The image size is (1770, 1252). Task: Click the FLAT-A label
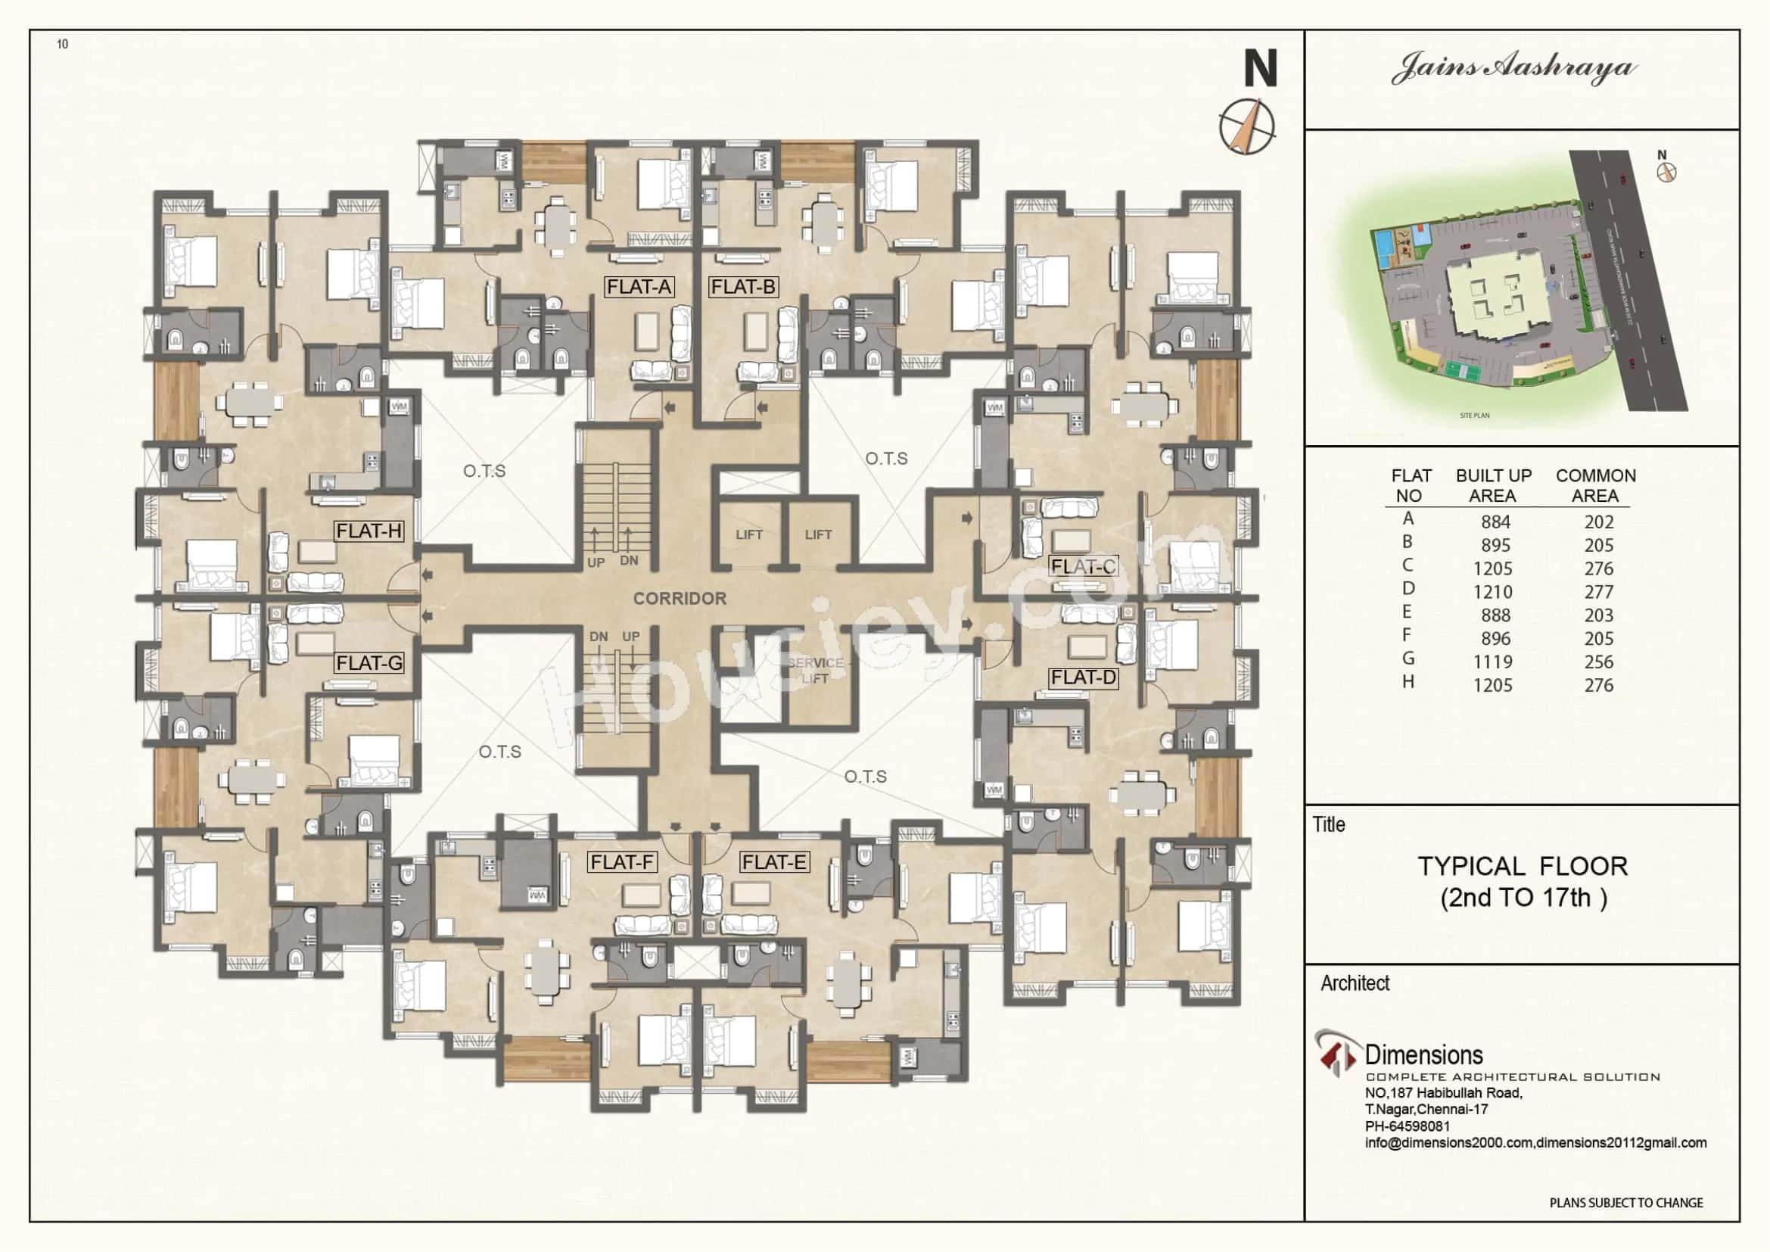click(x=639, y=287)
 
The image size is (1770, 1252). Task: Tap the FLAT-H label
click(x=369, y=531)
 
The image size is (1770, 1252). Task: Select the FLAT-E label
click(x=774, y=862)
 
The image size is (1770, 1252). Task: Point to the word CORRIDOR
click(x=679, y=598)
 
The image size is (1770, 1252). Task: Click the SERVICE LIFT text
click(x=815, y=671)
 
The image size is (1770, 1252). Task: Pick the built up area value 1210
click(x=1492, y=592)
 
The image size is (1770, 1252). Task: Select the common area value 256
click(x=1598, y=662)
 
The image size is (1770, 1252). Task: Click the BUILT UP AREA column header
click(x=1493, y=486)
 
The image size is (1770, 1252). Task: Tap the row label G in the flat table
click(x=1408, y=659)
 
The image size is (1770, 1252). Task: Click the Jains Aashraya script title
click(x=1514, y=68)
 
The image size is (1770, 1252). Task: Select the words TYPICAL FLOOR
click(x=1523, y=867)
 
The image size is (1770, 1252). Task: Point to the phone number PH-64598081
click(x=1407, y=1126)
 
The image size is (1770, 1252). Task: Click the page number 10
click(x=63, y=45)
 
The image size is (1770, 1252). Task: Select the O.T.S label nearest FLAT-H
click(x=484, y=470)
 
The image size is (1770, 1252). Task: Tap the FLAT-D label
click(x=1083, y=677)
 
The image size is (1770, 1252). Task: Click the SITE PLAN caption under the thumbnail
click(x=1474, y=416)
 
